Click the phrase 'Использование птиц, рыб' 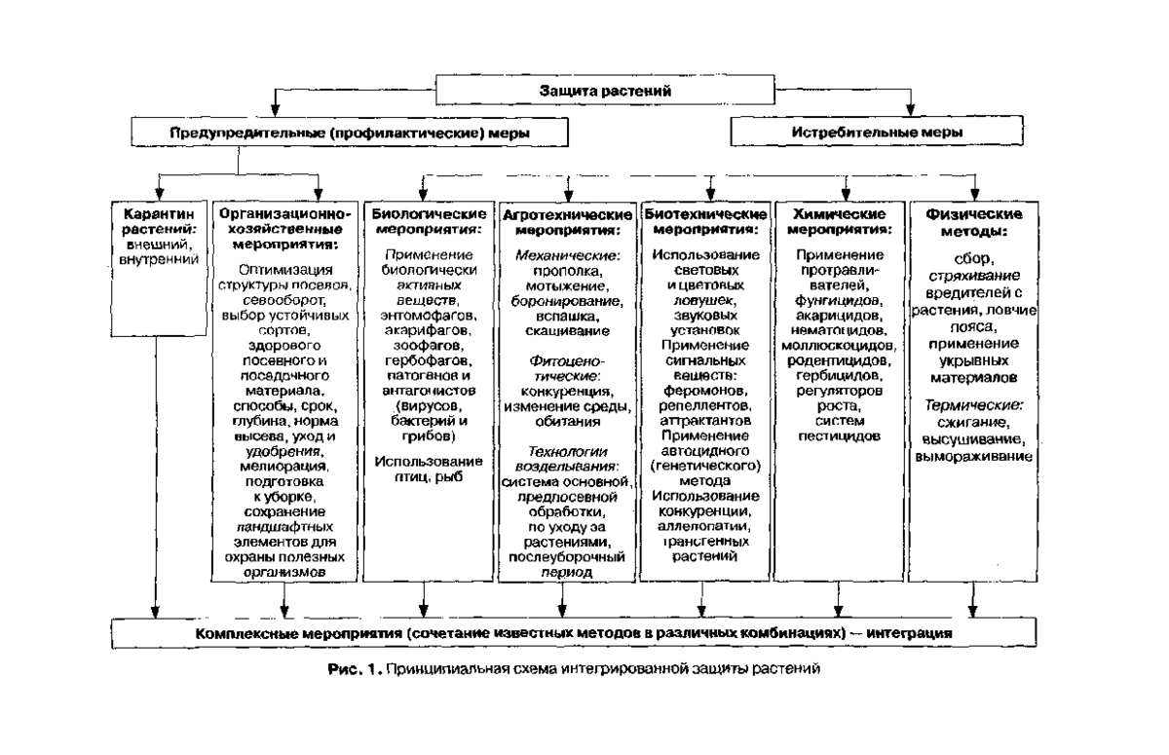(x=422, y=469)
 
